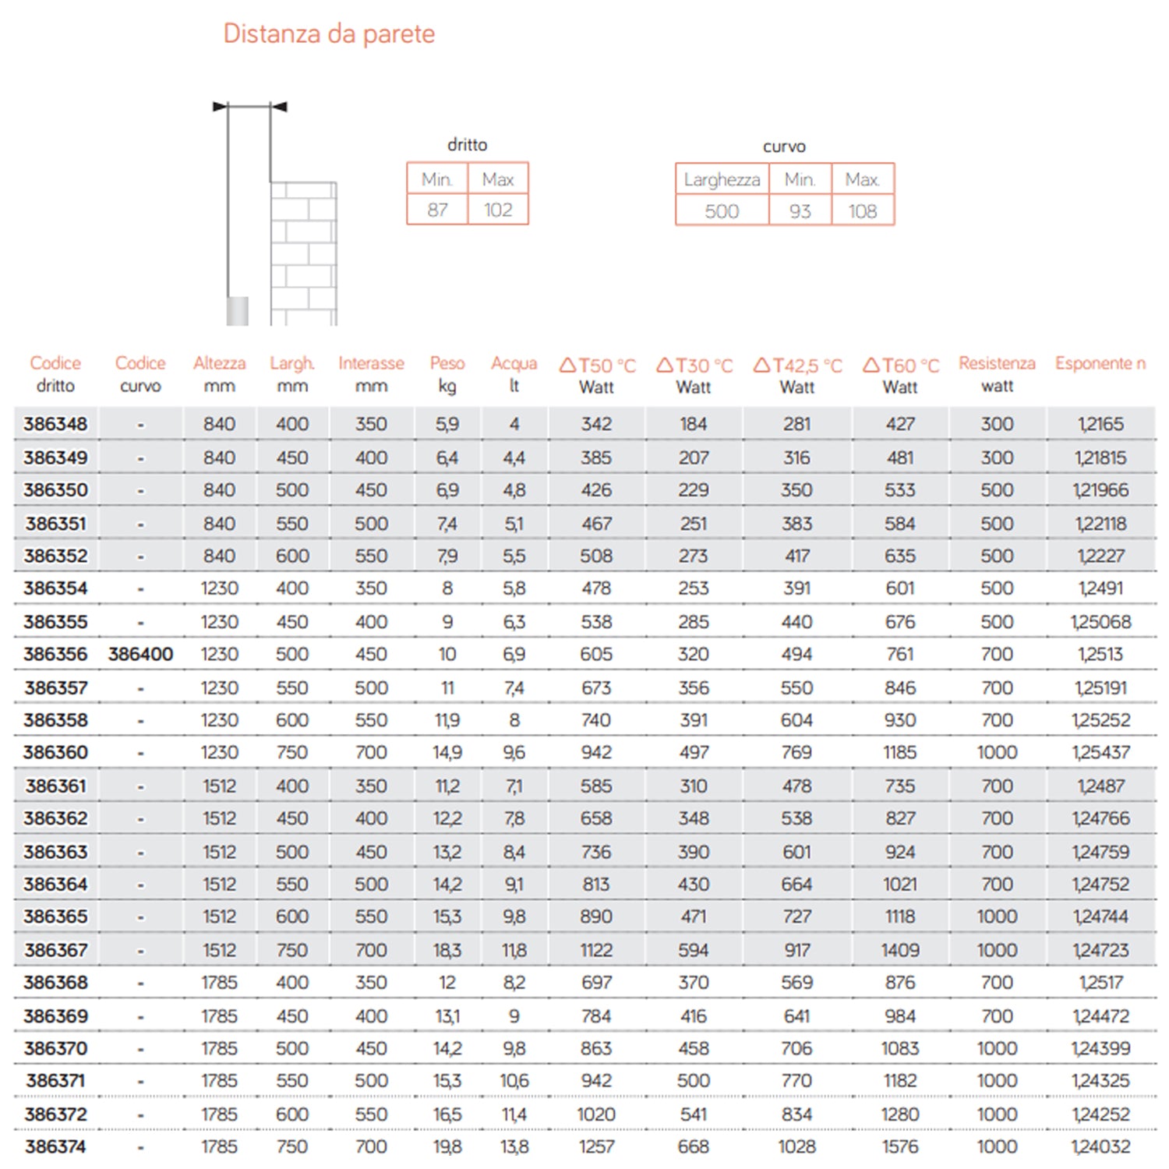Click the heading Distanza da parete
click(329, 34)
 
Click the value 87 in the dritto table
click(437, 210)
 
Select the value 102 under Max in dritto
click(498, 210)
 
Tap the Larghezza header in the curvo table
click(722, 179)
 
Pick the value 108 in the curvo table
click(863, 211)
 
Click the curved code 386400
click(140, 654)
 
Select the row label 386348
click(55, 424)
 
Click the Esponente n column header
click(1100, 363)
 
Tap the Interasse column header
click(371, 363)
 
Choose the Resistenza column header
click(997, 363)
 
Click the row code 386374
click(55, 1146)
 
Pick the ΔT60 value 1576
click(900, 1146)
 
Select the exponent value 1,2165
click(1100, 424)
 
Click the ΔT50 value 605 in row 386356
click(596, 654)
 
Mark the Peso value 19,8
click(447, 1146)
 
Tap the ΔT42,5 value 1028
click(796, 1146)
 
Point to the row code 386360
click(55, 752)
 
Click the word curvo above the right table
click(784, 147)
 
